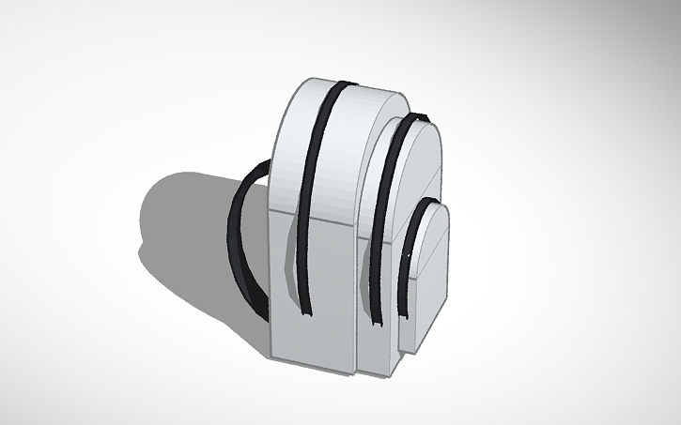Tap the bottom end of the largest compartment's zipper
[x=306, y=314]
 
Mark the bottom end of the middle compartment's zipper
[x=379, y=324]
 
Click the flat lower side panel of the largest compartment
[x=315, y=291]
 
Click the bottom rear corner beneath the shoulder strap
[x=273, y=355]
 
